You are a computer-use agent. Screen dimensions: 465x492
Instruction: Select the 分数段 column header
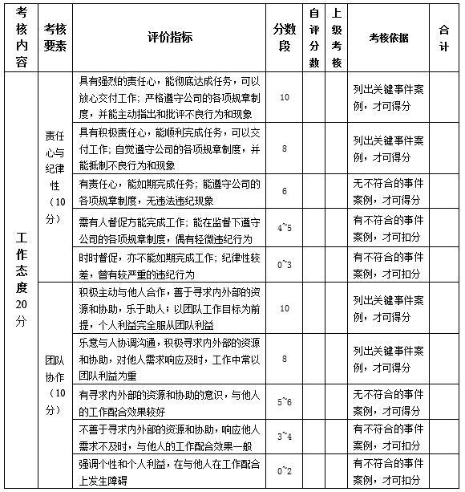tap(285, 37)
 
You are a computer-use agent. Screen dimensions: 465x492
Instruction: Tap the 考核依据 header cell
tap(388, 37)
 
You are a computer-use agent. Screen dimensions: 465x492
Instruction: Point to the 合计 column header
tap(444, 37)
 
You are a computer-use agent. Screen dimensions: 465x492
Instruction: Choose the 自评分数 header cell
tap(314, 37)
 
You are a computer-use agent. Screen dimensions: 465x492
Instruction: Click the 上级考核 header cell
tap(338, 37)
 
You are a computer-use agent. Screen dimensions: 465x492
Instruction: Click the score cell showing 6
tap(285, 192)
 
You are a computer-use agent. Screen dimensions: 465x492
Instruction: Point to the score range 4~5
tap(285, 228)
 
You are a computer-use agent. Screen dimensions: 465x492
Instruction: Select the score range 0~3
tap(285, 264)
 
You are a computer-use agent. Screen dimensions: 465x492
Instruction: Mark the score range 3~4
tap(285, 435)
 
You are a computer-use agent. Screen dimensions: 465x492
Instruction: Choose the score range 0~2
tap(285, 471)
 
